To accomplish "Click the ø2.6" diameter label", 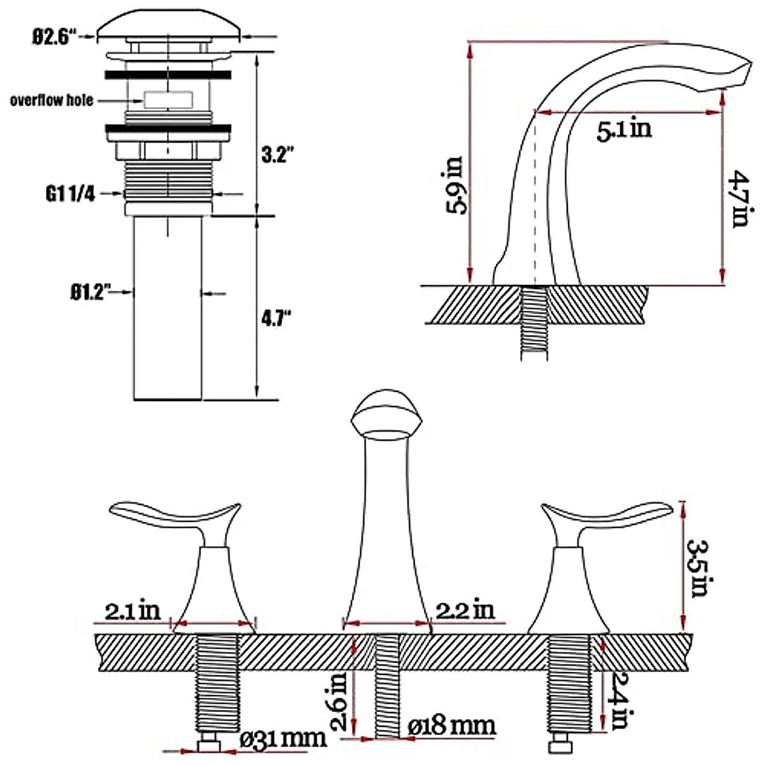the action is coord(54,36).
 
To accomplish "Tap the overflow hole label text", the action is coord(52,100).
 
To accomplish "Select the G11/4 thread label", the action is coord(70,194).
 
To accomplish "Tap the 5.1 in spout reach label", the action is coord(624,130).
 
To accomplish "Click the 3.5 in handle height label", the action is coord(699,568).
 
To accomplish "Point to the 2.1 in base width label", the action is coord(133,611).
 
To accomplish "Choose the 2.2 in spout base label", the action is coord(465,610).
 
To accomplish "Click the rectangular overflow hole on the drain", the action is coord(168,100).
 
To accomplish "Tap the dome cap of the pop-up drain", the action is coord(169,23).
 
